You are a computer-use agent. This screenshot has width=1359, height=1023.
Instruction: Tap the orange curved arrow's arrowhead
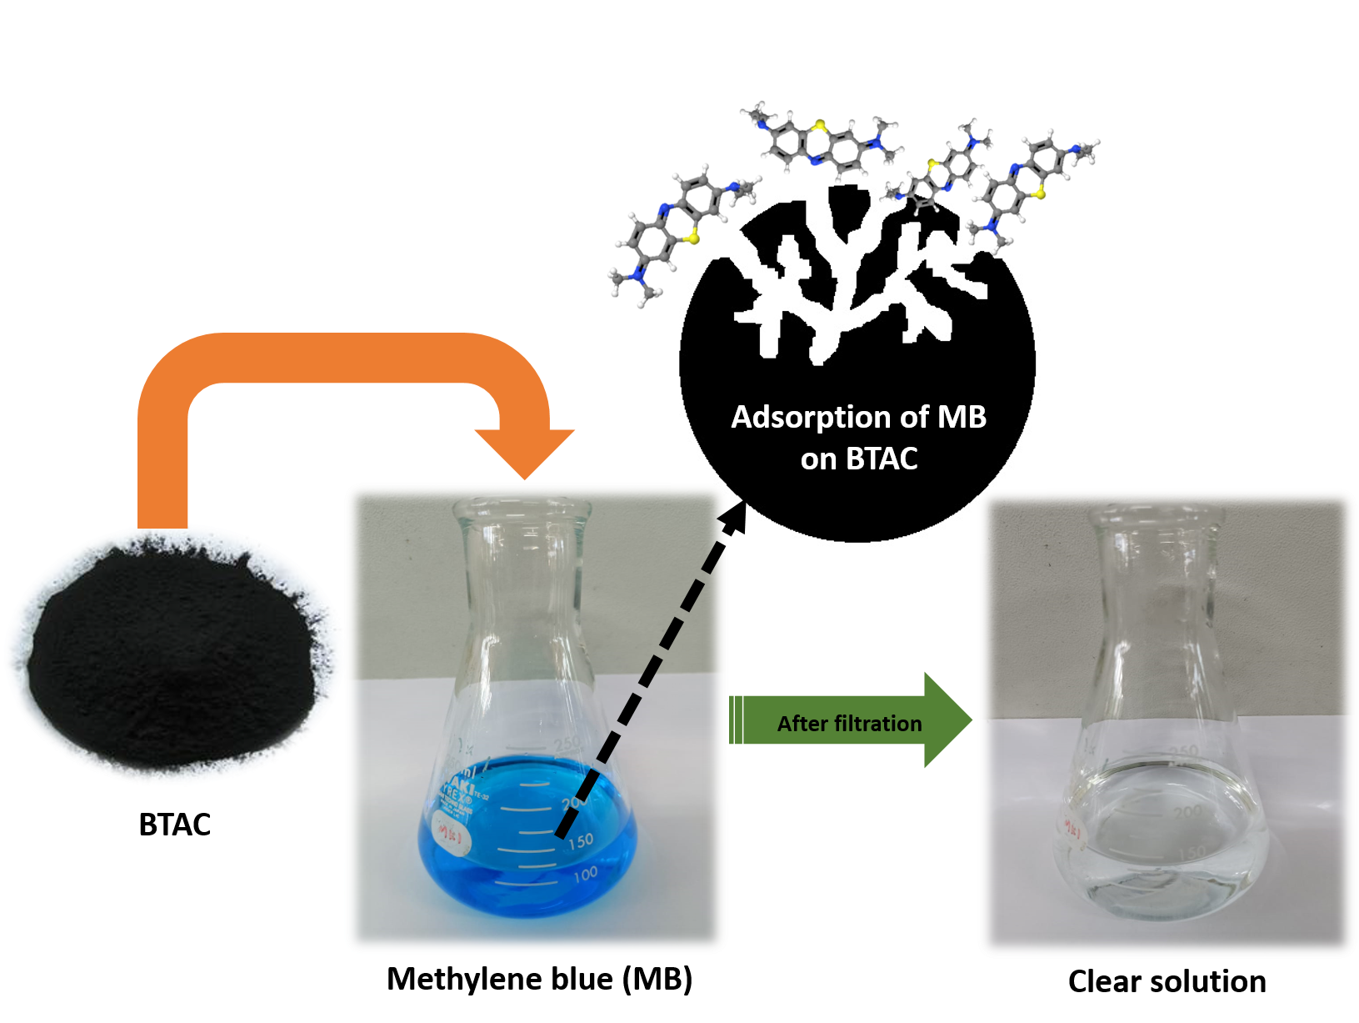[525, 450]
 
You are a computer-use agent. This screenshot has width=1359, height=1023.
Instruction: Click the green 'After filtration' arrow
[850, 721]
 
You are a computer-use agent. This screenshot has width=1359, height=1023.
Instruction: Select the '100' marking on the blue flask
[585, 874]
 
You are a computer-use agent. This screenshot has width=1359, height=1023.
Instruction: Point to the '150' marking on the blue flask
[581, 842]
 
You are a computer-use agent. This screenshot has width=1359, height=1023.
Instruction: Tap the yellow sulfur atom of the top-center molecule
[821, 126]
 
